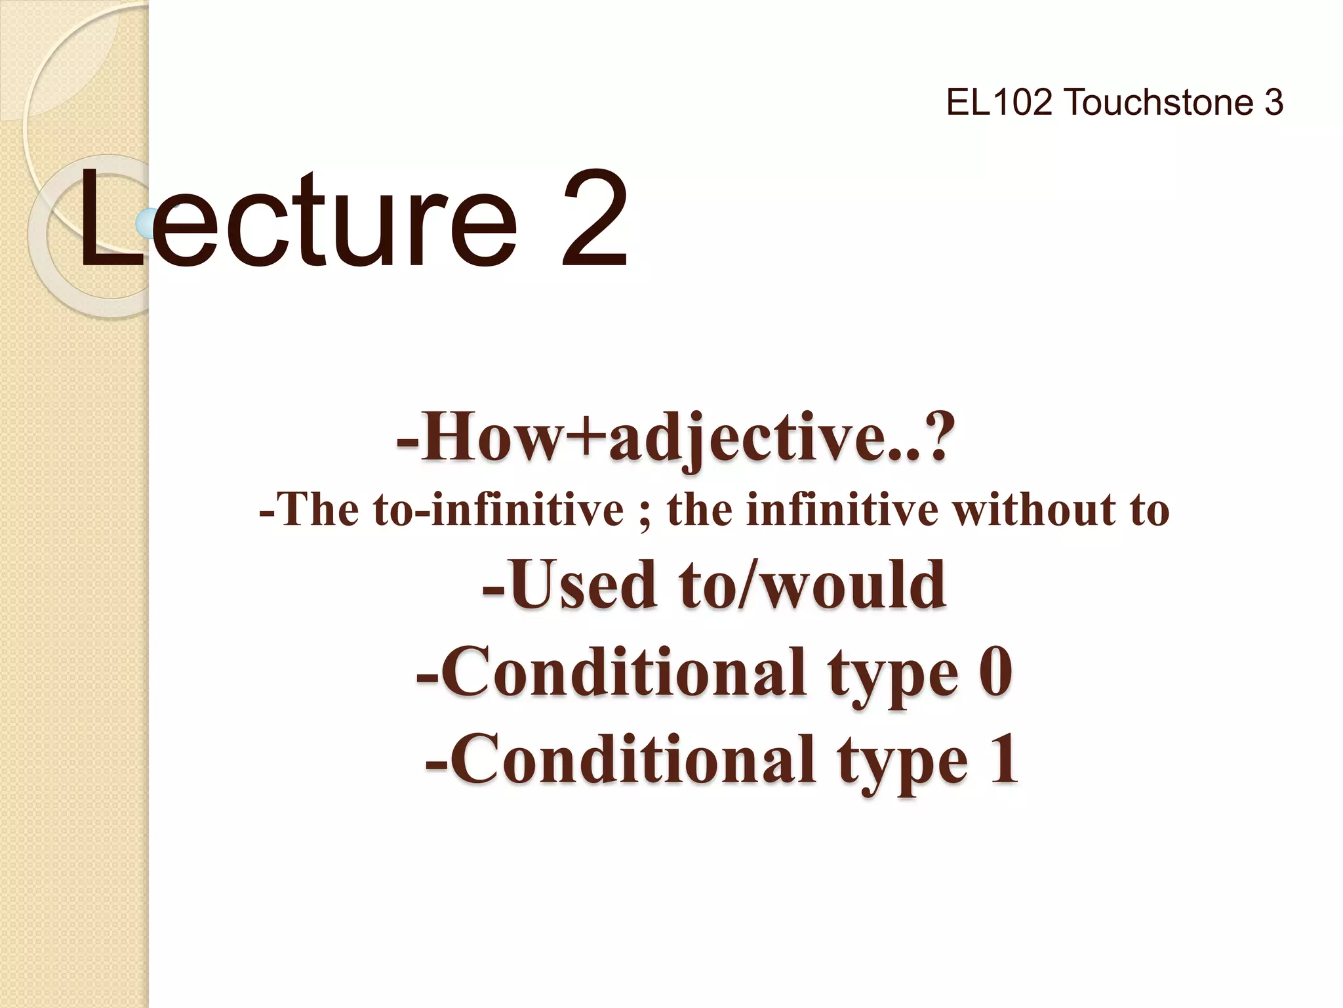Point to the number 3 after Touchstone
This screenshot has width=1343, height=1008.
[1273, 103]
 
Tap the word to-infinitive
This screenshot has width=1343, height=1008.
[498, 510]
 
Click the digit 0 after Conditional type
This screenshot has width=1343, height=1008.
[995, 672]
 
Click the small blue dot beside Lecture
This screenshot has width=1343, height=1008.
[146, 223]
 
